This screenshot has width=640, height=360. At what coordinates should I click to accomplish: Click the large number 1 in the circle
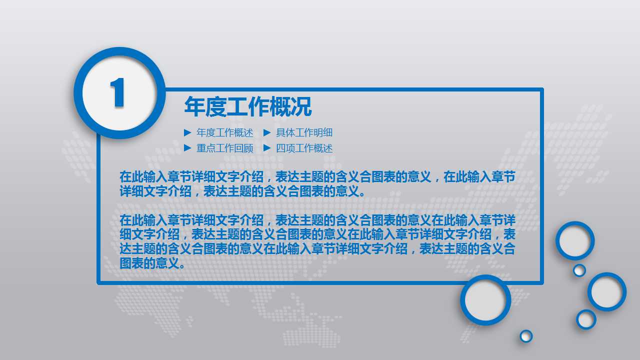(118, 93)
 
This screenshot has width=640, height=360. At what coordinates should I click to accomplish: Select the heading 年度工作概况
(247, 107)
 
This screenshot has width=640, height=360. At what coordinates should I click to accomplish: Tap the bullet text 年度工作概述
(225, 133)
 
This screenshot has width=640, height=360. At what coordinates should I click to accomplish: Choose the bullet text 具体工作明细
(304, 133)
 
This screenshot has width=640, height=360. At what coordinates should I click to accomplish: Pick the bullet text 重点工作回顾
(225, 148)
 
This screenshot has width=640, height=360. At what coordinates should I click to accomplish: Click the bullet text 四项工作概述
(304, 148)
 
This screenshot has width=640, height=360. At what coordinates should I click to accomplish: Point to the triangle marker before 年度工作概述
(187, 133)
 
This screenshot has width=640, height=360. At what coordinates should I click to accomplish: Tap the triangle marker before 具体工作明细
(267, 133)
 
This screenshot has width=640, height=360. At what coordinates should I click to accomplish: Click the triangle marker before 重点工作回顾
(187, 148)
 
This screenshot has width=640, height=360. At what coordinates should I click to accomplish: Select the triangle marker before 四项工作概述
(267, 148)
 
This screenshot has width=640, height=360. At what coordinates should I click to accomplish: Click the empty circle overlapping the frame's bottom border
(485, 300)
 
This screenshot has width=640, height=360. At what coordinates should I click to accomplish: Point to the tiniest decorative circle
(526, 336)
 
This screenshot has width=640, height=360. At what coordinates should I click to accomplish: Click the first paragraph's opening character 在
(125, 176)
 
